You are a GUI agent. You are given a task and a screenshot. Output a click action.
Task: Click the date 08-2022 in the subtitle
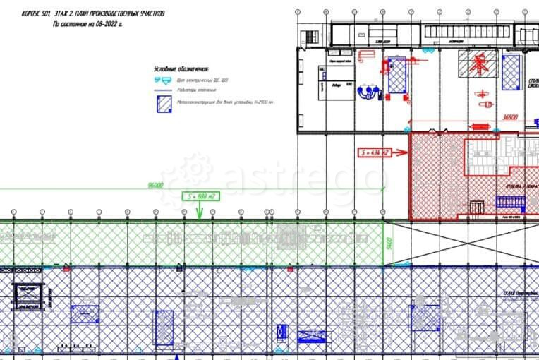tap(105, 23)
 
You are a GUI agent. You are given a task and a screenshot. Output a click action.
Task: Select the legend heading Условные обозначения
tap(182, 68)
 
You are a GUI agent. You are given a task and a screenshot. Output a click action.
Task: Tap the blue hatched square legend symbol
tap(163, 104)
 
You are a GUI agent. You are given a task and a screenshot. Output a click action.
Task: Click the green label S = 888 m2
tap(200, 196)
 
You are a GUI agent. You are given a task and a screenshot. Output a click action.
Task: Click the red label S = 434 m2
tap(373, 152)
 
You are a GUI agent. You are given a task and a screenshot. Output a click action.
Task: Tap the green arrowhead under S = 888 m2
tap(200, 211)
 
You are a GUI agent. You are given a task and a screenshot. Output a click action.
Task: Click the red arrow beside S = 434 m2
tap(400, 152)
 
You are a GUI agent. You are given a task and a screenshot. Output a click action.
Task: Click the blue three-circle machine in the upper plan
tap(367, 92)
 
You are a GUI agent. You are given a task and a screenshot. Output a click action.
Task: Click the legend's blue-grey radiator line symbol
tap(163, 90)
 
